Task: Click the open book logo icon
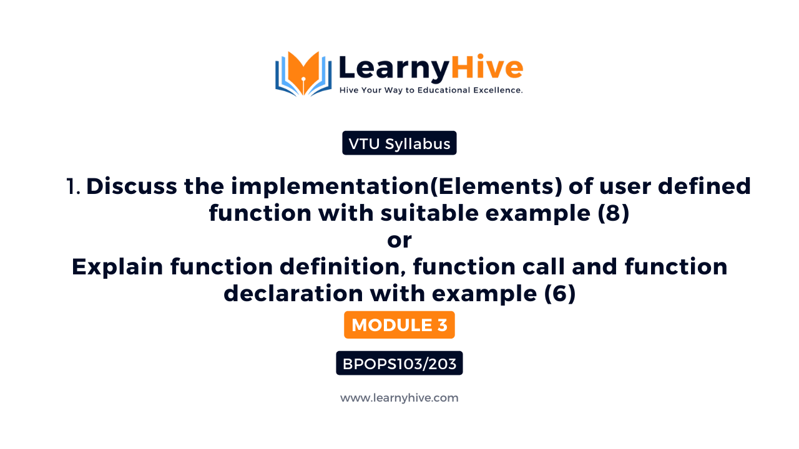(x=303, y=74)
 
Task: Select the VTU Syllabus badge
(x=399, y=143)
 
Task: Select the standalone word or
(x=399, y=240)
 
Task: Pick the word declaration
(x=296, y=294)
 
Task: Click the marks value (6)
(x=559, y=294)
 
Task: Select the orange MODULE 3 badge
(x=399, y=325)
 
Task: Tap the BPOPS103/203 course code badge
(x=399, y=363)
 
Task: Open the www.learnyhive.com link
(x=399, y=398)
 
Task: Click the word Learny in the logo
(x=393, y=67)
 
